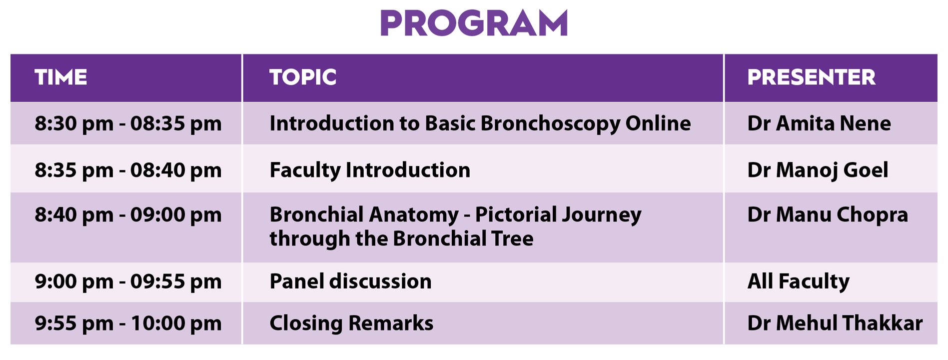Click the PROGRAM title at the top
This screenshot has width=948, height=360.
pos(474,23)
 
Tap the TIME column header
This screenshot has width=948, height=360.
pos(61,77)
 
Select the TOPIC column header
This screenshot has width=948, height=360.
pos(303,77)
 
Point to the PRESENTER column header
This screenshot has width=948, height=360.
pos(811,77)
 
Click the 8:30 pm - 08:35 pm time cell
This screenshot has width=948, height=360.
pos(128,123)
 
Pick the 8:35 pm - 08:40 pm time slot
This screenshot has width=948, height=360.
pos(128,170)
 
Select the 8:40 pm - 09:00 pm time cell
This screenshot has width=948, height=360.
pos(128,214)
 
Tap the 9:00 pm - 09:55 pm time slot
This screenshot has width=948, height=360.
pos(128,281)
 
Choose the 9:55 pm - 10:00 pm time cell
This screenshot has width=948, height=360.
pos(128,323)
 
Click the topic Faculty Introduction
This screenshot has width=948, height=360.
pos(370,170)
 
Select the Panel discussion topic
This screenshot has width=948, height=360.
pos(350,281)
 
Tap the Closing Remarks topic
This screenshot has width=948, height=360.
pos(351,323)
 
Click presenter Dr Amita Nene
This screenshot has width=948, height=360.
pos(819,123)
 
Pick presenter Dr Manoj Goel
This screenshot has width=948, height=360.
pos(818,170)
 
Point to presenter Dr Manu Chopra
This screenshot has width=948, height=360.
pos(828,214)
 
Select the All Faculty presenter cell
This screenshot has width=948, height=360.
pos(798,281)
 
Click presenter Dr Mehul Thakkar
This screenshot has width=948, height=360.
pos(835,323)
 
